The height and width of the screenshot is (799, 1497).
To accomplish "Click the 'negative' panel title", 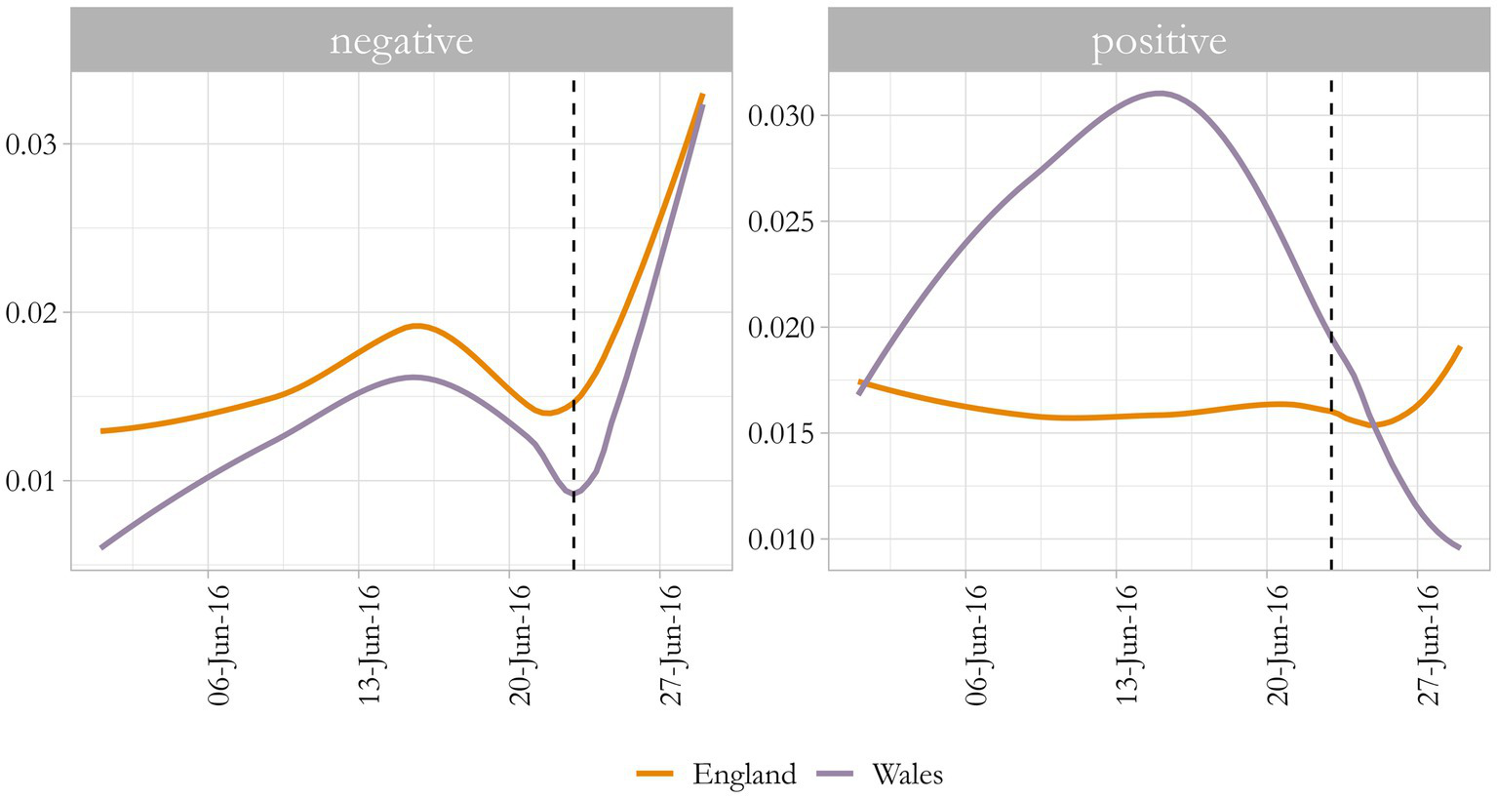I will pos(401,41).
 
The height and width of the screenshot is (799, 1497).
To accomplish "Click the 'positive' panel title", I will pos(1159,41).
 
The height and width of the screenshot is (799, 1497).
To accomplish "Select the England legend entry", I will pos(718,775).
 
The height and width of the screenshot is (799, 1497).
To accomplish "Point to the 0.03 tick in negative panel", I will pos(32,144).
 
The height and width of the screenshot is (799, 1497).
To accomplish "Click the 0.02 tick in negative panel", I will pos(32,313).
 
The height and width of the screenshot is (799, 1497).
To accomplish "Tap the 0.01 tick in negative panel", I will pos(32,481).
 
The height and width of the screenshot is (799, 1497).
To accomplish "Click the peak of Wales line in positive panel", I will pos(1159,94).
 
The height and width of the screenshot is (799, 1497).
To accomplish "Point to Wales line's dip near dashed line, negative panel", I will pos(573,494).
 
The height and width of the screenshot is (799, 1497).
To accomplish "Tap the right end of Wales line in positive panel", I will pos(1459,547).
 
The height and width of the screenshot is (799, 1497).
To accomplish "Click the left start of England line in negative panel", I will pos(102,430).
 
